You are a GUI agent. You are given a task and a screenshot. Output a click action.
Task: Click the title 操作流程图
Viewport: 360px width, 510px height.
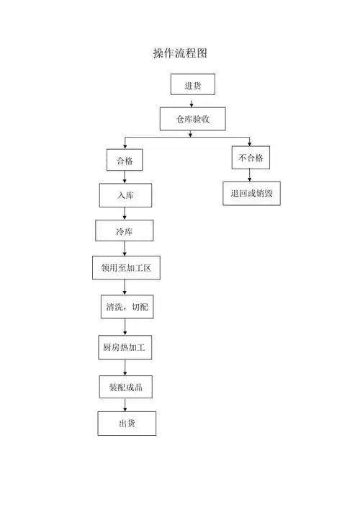point(180,53)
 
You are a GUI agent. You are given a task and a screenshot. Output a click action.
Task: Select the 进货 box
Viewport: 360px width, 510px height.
point(192,85)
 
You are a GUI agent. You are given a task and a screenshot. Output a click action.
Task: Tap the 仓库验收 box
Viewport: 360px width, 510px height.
point(192,118)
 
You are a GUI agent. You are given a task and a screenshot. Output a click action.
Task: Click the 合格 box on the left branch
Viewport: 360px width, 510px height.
point(125,160)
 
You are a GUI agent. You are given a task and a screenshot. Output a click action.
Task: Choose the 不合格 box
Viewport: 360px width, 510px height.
point(251,157)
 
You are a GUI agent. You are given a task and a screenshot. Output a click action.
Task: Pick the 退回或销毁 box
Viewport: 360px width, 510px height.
point(251,193)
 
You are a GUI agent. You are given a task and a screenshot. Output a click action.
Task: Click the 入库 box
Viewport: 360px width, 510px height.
point(126,195)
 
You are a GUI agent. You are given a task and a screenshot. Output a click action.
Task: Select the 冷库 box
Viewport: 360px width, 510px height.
point(124,231)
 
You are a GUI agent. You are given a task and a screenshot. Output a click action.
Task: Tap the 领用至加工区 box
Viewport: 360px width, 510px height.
point(125,268)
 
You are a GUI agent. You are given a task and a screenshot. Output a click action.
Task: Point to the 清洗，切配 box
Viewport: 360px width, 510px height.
point(126,307)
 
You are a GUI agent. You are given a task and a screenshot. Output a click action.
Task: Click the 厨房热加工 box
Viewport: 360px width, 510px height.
point(125,347)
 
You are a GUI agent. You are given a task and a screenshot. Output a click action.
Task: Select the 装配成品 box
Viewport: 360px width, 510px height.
point(125,387)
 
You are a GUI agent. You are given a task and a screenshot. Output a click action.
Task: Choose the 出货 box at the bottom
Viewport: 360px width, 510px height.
point(127,424)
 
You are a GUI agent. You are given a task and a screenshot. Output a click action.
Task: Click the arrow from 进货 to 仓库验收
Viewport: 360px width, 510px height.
point(192,102)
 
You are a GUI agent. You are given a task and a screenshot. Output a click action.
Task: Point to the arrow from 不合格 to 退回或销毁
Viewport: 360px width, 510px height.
point(250,175)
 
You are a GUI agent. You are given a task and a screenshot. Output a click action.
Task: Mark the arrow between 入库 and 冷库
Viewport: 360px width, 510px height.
point(125,213)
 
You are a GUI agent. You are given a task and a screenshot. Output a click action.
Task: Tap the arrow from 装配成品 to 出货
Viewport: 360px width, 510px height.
point(125,405)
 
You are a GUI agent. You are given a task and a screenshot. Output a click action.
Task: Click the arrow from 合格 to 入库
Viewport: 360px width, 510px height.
point(125,177)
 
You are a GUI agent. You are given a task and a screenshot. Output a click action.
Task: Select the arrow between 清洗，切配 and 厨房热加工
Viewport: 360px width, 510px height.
point(125,327)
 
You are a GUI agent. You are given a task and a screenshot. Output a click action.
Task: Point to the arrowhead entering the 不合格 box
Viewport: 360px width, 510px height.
point(250,143)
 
